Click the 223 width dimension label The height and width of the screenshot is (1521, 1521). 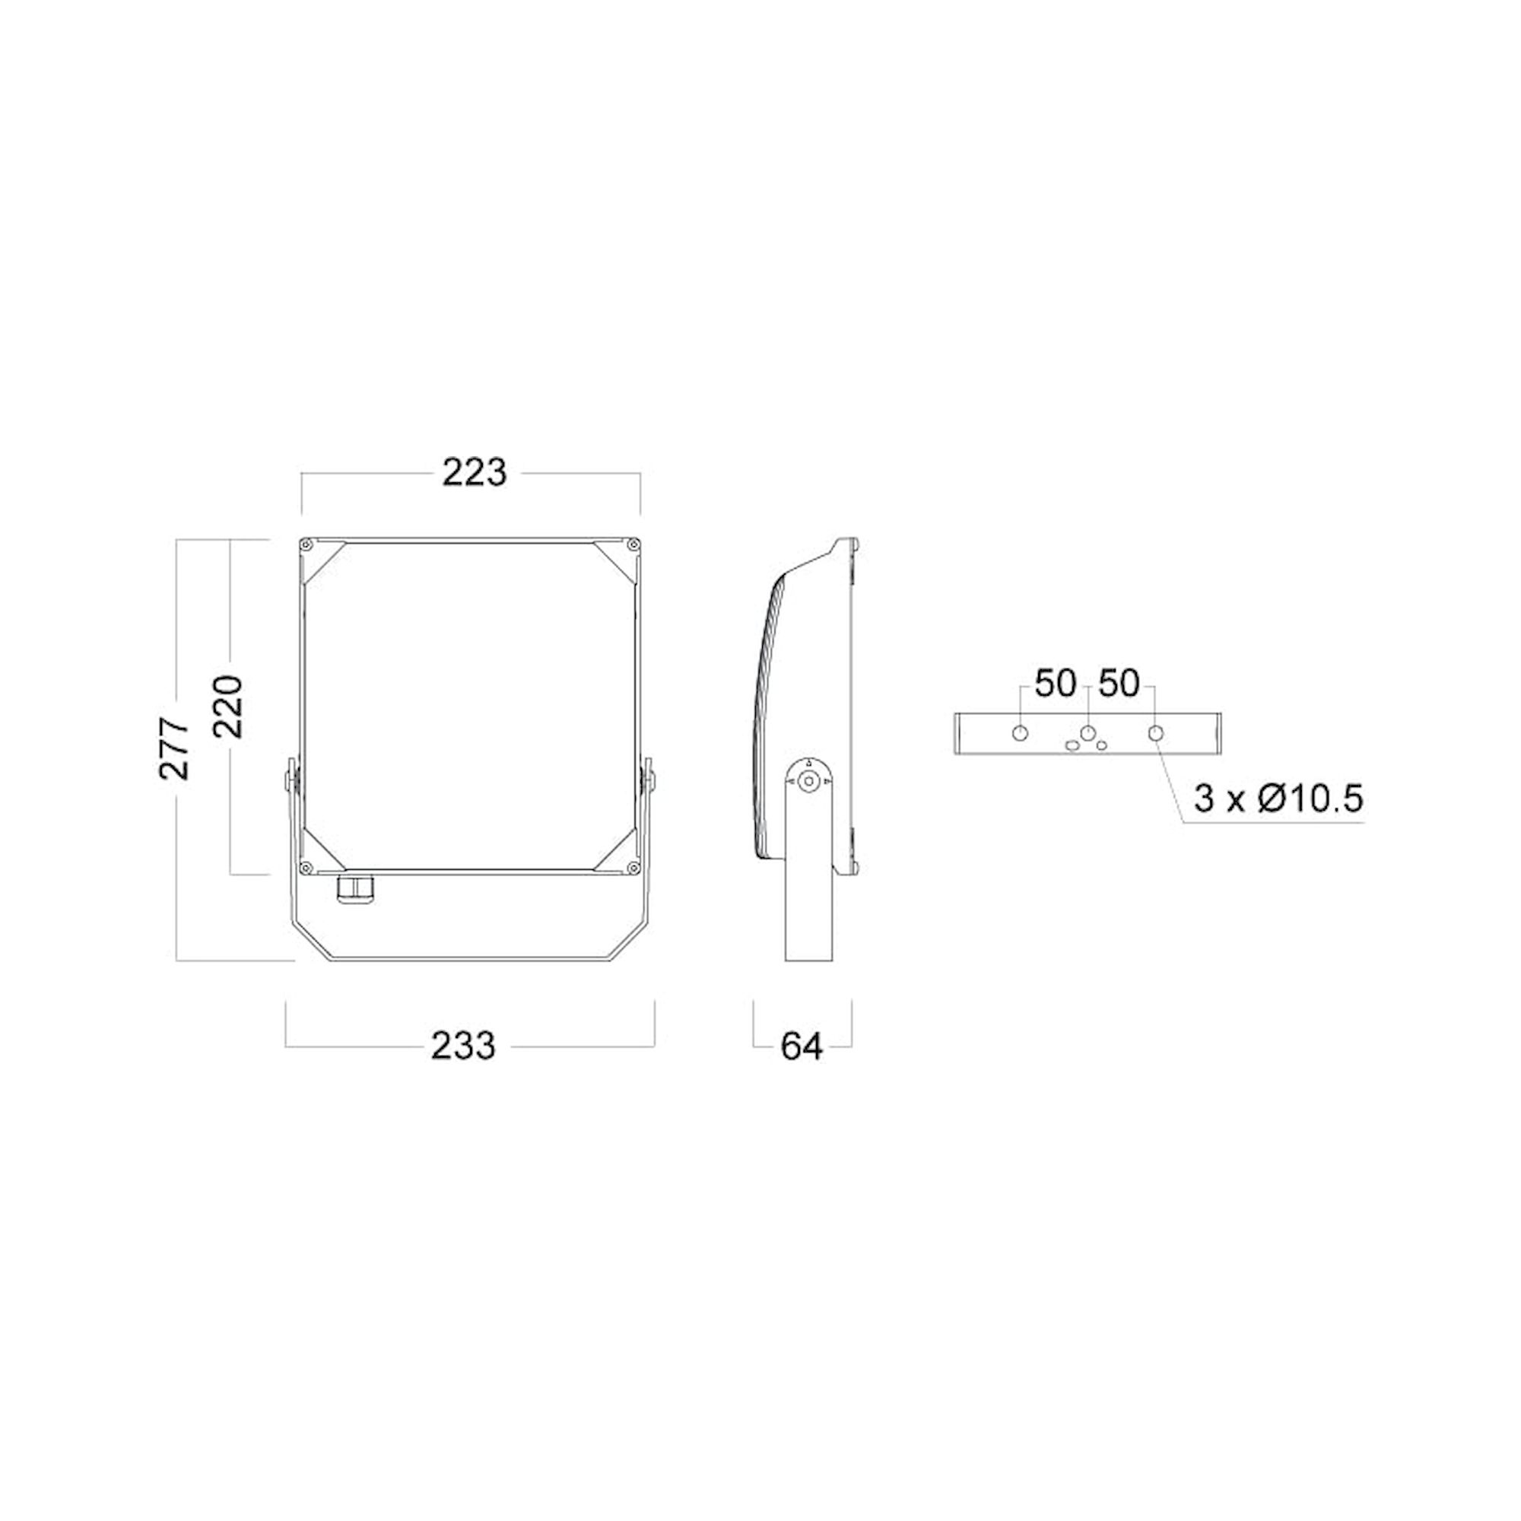(474, 472)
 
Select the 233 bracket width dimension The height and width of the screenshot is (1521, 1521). (463, 1046)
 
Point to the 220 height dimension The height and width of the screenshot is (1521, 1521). (228, 706)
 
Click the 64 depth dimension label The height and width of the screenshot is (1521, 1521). (802, 1046)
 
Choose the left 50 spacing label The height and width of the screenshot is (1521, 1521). (1055, 684)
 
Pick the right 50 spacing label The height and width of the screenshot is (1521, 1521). (1119, 684)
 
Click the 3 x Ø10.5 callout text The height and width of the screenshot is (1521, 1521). (1278, 799)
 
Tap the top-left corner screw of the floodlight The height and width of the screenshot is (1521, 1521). (307, 545)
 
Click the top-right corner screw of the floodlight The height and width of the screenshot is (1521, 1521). (632, 545)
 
